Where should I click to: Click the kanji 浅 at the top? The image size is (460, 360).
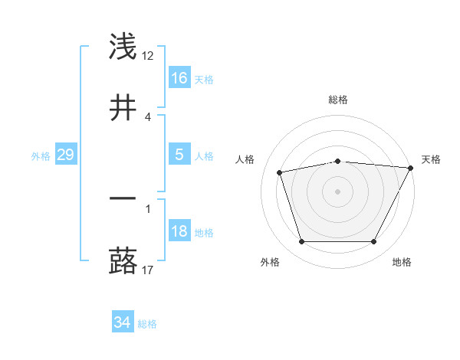click(x=123, y=47)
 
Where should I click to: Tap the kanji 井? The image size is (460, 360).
click(x=123, y=109)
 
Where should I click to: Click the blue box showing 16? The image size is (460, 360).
click(x=179, y=78)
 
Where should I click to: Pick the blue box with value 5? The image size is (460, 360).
click(x=179, y=155)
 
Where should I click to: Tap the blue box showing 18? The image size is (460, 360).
click(x=179, y=231)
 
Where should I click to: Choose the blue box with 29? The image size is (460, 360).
click(x=65, y=155)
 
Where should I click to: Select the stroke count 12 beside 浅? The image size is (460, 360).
click(x=148, y=55)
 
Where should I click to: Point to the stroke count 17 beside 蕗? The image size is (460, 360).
click(x=148, y=269)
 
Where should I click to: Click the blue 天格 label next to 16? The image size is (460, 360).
click(x=204, y=79)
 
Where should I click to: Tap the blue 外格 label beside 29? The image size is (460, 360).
click(x=41, y=155)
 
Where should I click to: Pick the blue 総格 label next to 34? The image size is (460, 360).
click(x=147, y=323)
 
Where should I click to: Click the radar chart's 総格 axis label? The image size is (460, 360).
click(x=338, y=100)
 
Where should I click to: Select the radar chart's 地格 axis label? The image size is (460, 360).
click(x=402, y=262)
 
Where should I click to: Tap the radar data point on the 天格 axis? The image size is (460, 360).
click(x=411, y=168)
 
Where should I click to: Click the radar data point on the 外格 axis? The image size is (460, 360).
click(x=301, y=242)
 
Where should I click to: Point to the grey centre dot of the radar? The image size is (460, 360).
click(x=338, y=191)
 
